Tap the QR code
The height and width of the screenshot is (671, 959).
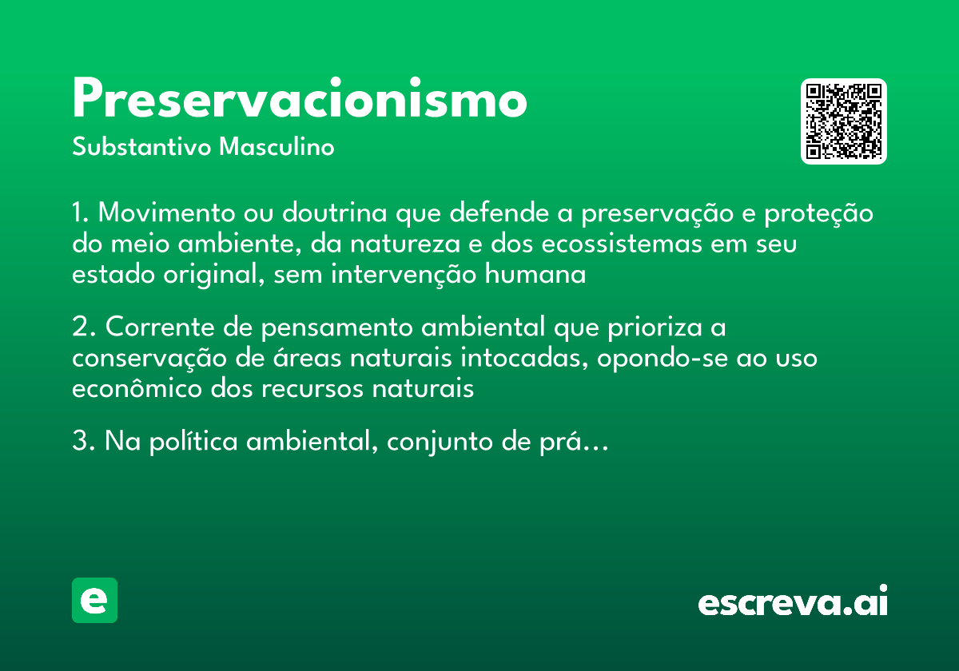(844, 121)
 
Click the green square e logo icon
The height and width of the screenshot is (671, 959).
(94, 601)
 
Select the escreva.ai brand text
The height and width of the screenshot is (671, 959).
(793, 602)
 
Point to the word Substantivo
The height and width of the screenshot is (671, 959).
(143, 148)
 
